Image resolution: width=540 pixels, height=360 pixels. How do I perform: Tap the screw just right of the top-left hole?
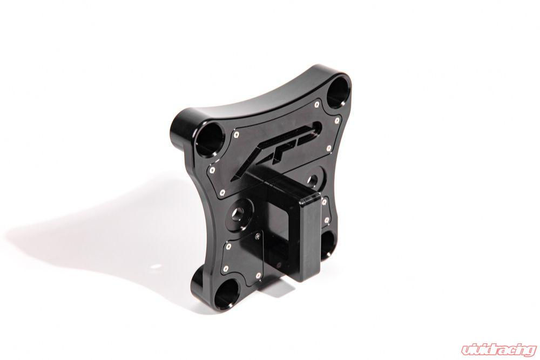[x=236, y=131]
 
